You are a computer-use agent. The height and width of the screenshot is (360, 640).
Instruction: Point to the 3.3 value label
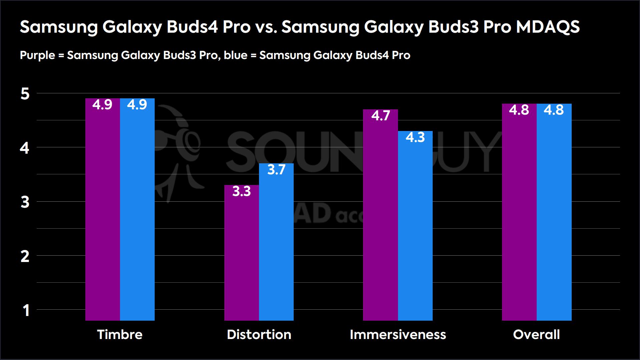(241, 192)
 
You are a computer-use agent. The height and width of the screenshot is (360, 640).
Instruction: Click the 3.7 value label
(276, 170)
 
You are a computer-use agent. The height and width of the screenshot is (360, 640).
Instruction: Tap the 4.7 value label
(380, 116)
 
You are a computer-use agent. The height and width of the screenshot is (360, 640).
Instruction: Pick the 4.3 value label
(415, 138)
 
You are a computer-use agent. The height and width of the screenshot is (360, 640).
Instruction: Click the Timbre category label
(120, 335)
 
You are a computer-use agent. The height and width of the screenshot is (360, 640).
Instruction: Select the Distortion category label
(259, 335)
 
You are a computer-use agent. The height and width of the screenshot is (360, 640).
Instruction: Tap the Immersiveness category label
(398, 335)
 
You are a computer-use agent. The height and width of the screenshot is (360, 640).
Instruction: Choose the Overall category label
(536, 335)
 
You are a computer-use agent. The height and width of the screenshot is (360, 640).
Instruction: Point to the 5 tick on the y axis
(25, 94)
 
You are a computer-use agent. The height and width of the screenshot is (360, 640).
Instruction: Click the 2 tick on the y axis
(25, 257)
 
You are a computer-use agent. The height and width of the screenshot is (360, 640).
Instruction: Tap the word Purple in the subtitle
(37, 55)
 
